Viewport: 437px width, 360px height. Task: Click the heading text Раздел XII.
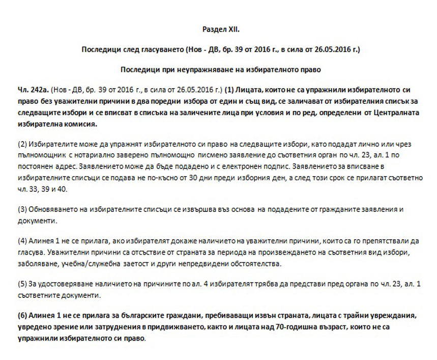[218, 31]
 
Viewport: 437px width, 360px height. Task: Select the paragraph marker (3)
[22, 209]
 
